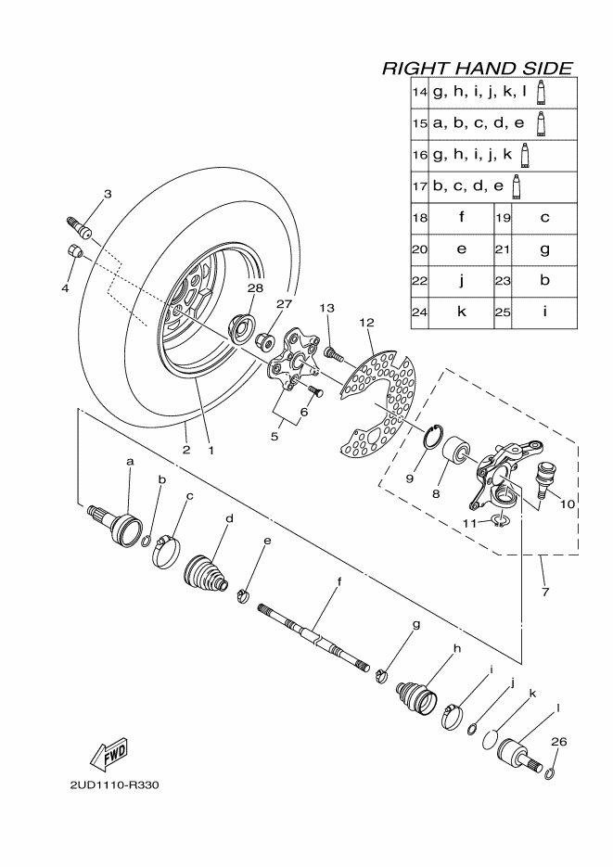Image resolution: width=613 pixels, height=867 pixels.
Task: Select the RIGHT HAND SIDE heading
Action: (477, 69)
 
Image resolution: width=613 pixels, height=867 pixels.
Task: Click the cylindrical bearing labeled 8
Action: (456, 457)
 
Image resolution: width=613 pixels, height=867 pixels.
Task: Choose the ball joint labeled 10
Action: (546, 475)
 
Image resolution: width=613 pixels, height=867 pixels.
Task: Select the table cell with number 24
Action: (419, 312)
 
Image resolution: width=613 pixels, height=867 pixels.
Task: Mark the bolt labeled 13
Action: (333, 351)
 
